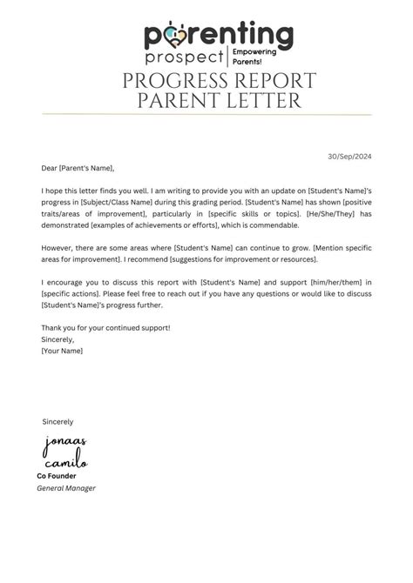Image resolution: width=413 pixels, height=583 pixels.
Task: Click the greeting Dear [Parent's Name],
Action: point(78,169)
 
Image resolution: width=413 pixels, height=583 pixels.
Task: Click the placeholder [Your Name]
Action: point(62,350)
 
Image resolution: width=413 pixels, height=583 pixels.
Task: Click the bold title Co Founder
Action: point(57,476)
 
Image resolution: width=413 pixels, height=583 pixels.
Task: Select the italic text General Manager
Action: point(66,488)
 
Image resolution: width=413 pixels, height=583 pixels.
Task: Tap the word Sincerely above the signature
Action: point(58,421)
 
